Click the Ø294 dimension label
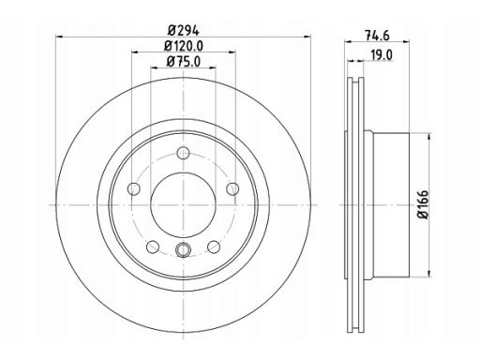point(184,31)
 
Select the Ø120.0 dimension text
point(184,46)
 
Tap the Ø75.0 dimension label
point(184,62)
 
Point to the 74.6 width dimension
point(377,36)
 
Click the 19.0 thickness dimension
point(382,55)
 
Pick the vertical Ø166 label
point(423,204)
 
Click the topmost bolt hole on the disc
point(183,153)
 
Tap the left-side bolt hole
point(134,188)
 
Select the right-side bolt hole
point(232,188)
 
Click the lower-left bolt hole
point(153,247)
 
